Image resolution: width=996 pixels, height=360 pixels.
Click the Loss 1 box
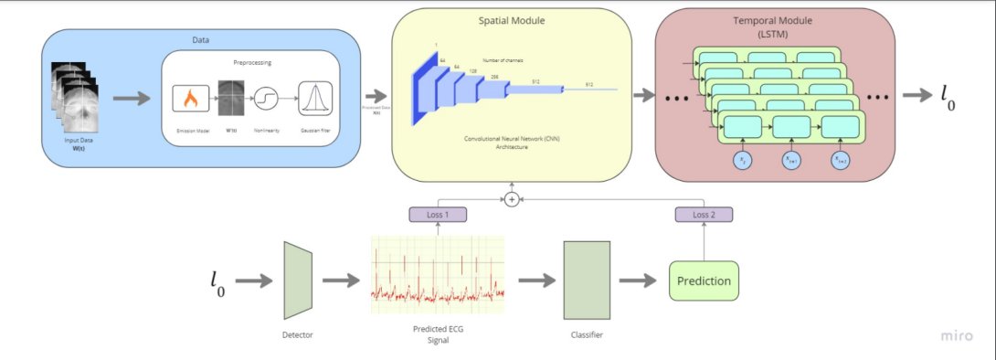(438, 214)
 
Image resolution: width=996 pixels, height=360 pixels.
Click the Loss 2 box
(704, 214)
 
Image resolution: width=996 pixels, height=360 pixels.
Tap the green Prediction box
(704, 281)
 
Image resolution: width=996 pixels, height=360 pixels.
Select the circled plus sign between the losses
(512, 198)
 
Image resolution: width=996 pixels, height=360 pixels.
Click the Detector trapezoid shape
(298, 281)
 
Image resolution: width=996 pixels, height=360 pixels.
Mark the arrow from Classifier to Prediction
(639, 281)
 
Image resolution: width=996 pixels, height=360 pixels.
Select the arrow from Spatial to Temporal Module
(642, 95)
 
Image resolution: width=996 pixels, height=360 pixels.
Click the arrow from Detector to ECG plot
(341, 281)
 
